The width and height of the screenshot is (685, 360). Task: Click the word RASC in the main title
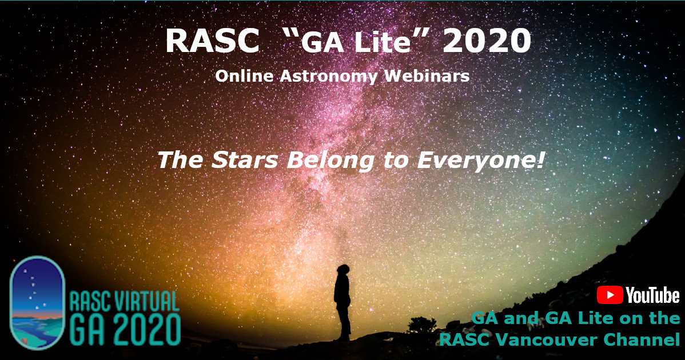[212, 41]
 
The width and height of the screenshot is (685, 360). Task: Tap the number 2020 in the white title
[487, 41]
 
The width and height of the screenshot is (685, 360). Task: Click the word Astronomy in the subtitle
[329, 76]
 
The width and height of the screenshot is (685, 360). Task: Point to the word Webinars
[427, 76]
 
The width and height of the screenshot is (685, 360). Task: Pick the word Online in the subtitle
[244, 76]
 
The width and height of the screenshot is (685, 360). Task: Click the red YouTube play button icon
[610, 295]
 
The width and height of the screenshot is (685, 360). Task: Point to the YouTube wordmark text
[652, 295]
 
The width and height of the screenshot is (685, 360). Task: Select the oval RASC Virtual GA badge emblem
[38, 302]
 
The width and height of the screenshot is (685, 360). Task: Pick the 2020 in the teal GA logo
[144, 330]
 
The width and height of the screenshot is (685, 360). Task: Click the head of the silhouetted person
[344, 270]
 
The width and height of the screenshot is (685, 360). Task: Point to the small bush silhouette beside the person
[422, 325]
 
